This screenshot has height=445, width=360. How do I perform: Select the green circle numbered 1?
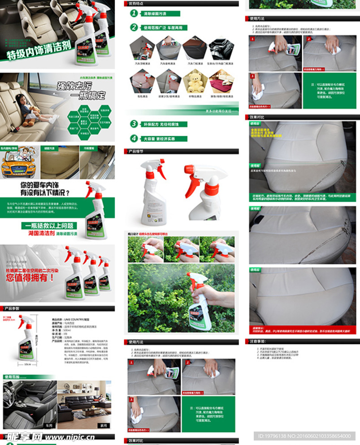coord(134,13)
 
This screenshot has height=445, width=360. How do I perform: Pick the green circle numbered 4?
coord(134,138)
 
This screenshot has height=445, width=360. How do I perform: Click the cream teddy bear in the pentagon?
coord(195,82)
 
